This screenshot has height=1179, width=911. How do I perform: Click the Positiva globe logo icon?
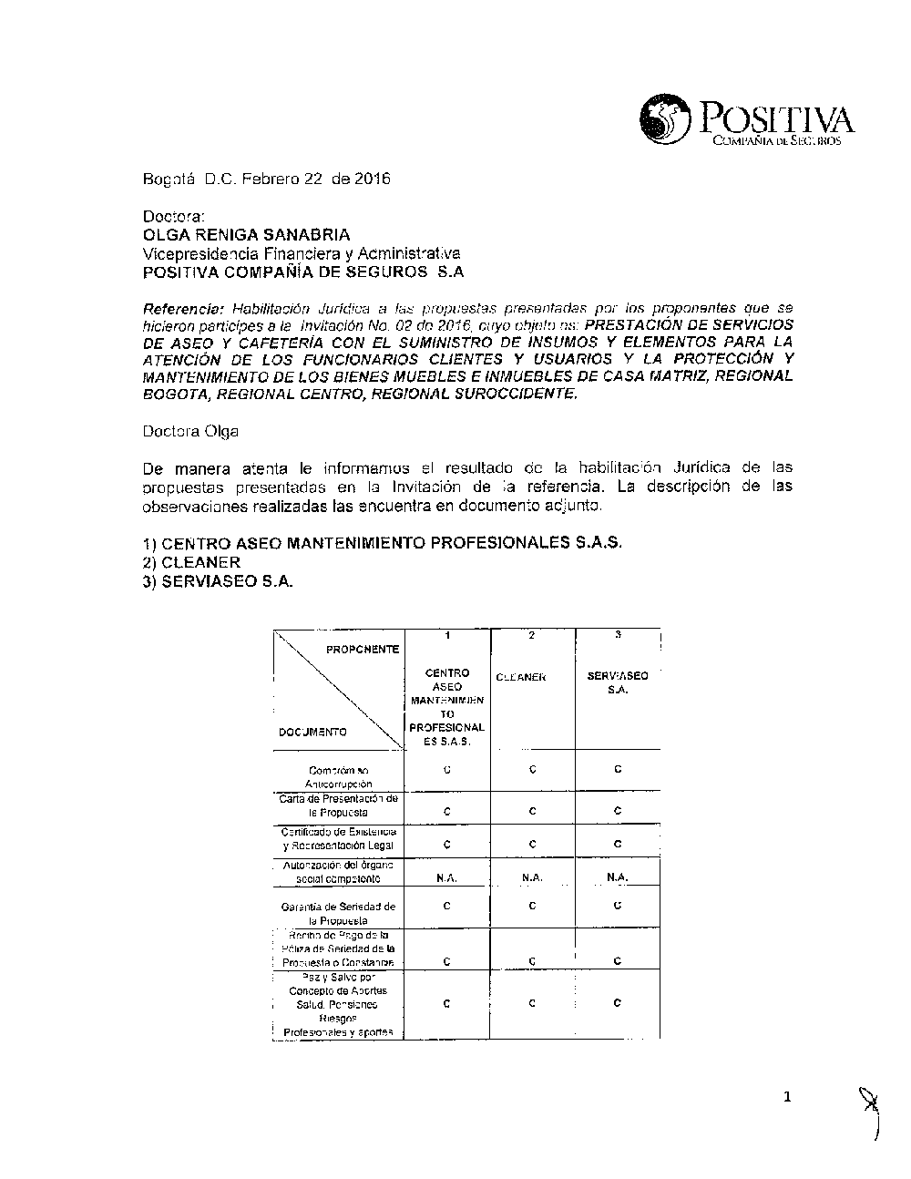click(667, 121)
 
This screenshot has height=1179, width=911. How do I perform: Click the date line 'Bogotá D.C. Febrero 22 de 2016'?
click(266, 179)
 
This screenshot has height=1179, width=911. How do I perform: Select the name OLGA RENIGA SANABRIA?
click(246, 235)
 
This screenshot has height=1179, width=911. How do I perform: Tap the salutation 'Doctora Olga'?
click(190, 432)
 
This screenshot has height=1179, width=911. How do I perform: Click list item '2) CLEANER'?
click(191, 562)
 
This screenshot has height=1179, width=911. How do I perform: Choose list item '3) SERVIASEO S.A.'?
click(218, 582)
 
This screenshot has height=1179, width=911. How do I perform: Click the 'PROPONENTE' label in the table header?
click(363, 649)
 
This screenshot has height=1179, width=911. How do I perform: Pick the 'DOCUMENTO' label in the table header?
click(312, 732)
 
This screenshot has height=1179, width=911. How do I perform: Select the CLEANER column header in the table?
click(521, 677)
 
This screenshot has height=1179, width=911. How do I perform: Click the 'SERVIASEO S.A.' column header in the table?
click(618, 682)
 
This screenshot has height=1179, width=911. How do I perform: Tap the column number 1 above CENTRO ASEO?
click(447, 635)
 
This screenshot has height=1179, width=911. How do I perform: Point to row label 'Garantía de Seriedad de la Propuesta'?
click(338, 913)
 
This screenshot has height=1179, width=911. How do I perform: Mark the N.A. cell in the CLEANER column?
click(532, 877)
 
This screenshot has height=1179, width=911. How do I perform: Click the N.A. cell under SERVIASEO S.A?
click(618, 877)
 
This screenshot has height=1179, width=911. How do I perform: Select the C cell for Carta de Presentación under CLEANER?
click(532, 811)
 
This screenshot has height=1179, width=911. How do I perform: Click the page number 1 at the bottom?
click(788, 1097)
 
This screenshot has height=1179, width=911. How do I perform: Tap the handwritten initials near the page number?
click(871, 1113)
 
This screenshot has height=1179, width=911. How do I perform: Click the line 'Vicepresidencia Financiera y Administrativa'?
click(302, 253)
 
